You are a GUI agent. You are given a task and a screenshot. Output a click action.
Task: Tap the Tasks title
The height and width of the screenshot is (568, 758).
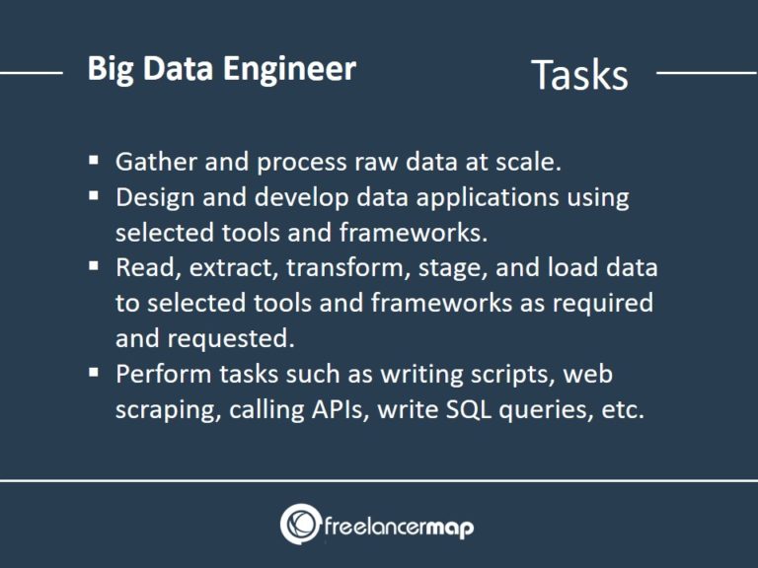tap(579, 75)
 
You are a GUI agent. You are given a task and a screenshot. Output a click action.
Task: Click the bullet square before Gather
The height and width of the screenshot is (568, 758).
tap(94, 159)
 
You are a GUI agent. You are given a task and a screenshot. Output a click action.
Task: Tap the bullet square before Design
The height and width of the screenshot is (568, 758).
tap(94, 194)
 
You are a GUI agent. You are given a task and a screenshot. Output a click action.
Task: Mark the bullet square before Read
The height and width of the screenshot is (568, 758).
tap(94, 265)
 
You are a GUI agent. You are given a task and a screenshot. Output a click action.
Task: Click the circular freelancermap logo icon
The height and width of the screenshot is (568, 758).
tap(300, 525)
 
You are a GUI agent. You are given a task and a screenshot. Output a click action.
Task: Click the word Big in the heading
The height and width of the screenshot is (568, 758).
tap(108, 70)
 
